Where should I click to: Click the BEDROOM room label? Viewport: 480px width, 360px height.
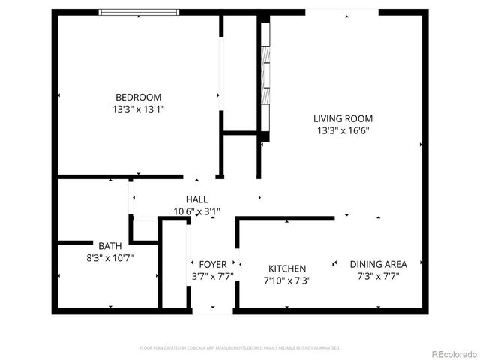coord(138,97)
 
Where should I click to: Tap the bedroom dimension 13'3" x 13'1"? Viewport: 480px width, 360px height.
coord(138,109)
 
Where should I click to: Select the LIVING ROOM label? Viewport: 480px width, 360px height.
coord(343,118)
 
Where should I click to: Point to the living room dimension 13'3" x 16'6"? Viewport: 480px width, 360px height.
coord(343,130)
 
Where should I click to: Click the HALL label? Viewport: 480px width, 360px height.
coord(197,199)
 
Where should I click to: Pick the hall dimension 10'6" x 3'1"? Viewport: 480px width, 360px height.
coord(197,211)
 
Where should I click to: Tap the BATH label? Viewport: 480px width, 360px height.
coord(110,245)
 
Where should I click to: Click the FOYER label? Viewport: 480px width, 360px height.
coord(212,265)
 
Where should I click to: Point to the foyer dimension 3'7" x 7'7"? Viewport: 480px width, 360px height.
coord(212,277)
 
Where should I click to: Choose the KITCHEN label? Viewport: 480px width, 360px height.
coord(287,268)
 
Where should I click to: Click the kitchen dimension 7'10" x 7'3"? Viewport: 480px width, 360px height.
coord(287,281)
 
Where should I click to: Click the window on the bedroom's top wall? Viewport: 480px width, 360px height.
coord(139,12)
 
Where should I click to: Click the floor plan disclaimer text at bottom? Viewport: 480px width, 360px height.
coord(240,348)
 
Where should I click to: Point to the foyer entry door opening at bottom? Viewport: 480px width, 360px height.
coord(212,310)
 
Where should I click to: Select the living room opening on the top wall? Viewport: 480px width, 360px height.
coord(342,12)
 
